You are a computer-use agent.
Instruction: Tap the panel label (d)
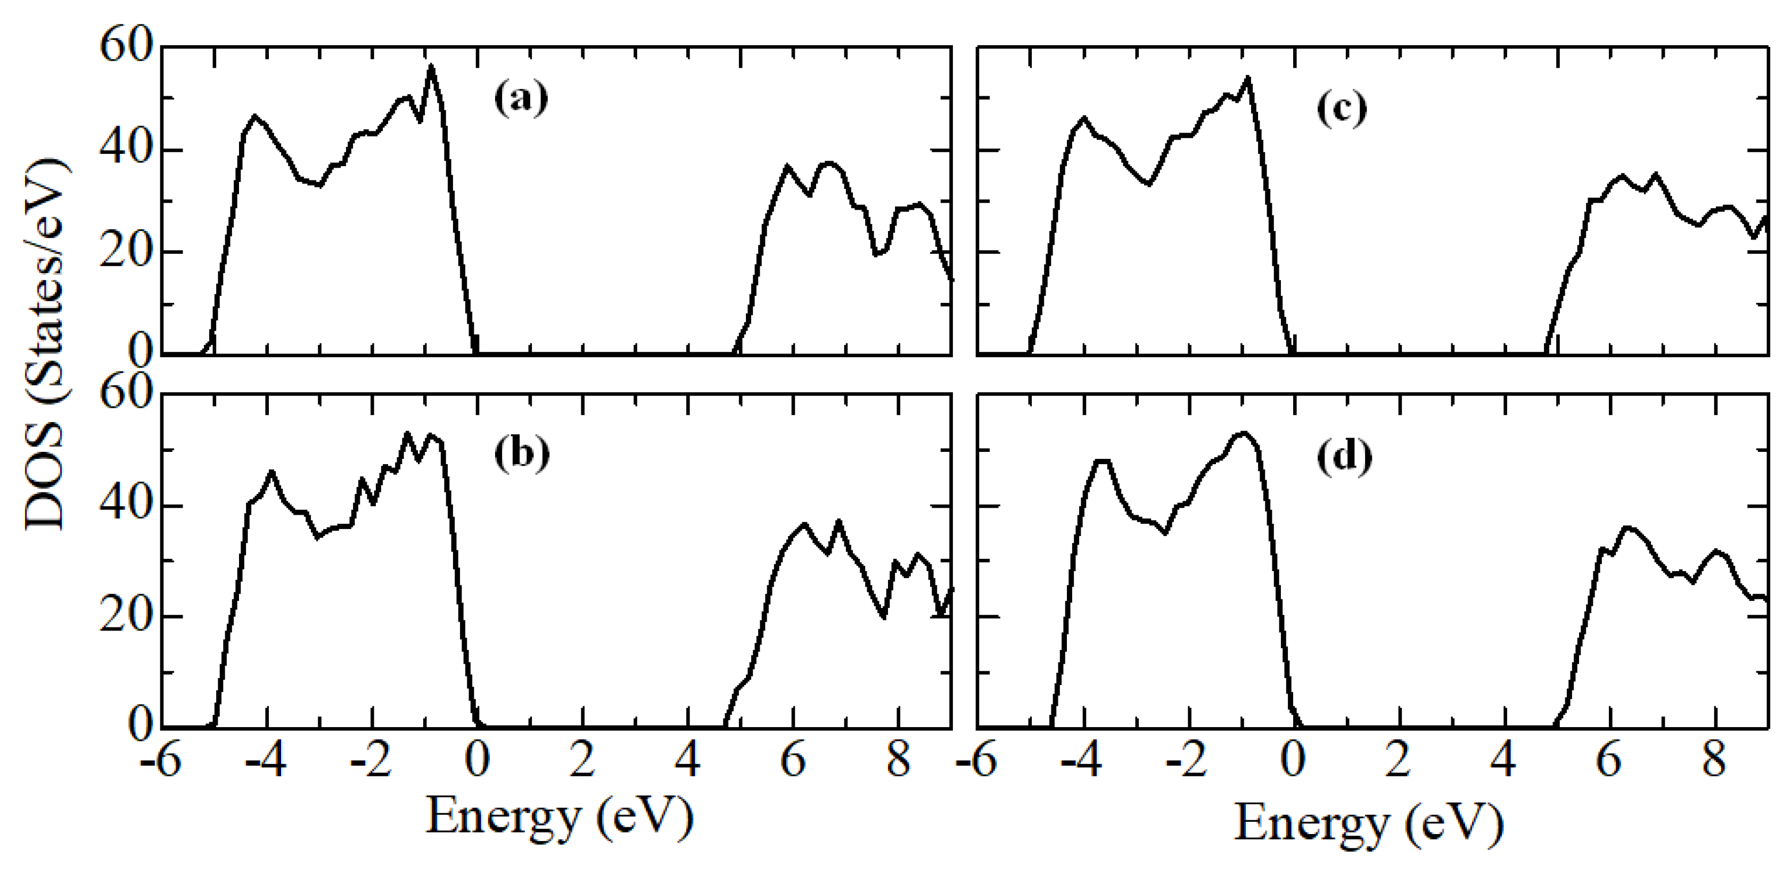point(1344,457)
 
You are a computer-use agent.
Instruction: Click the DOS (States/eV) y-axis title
point(46,345)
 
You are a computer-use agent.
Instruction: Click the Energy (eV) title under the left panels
point(560,818)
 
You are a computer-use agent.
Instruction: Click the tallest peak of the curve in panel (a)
point(431,67)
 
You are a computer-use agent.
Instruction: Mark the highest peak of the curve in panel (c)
point(1248,78)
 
